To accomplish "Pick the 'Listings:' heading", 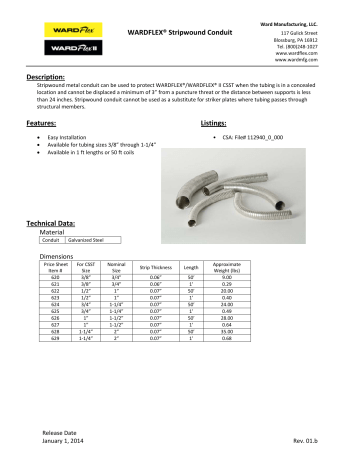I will coord(206,120).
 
